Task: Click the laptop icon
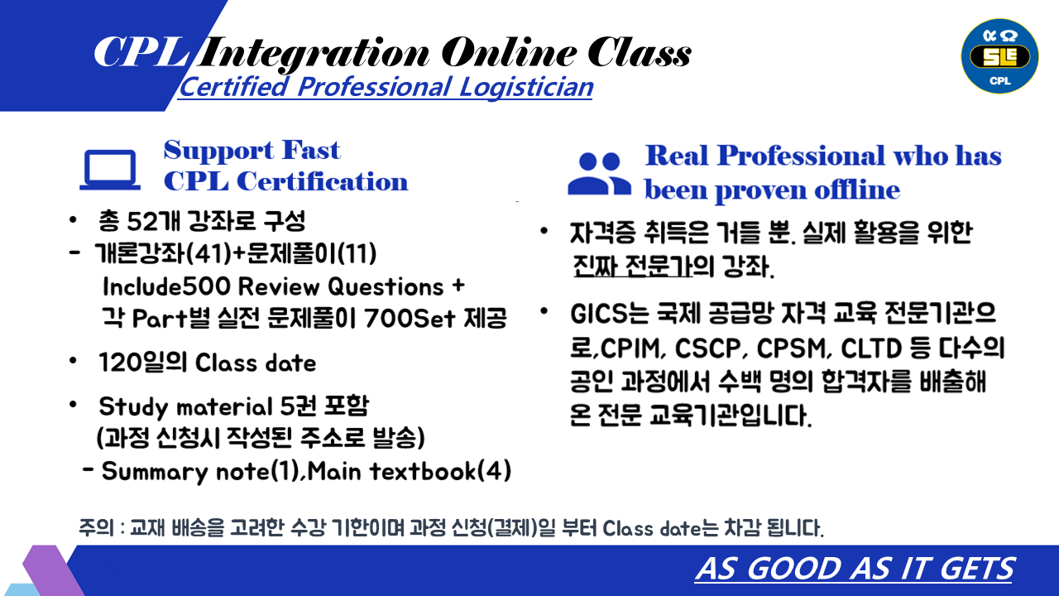pos(110,171)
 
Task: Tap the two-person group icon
pos(600,174)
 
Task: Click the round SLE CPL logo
pos(1000,56)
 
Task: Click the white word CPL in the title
pos(141,52)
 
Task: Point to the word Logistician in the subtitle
pos(525,88)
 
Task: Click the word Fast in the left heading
pos(311,151)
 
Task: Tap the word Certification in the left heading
pos(322,182)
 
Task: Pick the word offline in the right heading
pos(857,190)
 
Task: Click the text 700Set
pos(410,318)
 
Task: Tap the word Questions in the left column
pos(386,286)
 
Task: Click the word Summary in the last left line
pos(155,472)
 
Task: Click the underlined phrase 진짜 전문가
pos(632,267)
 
